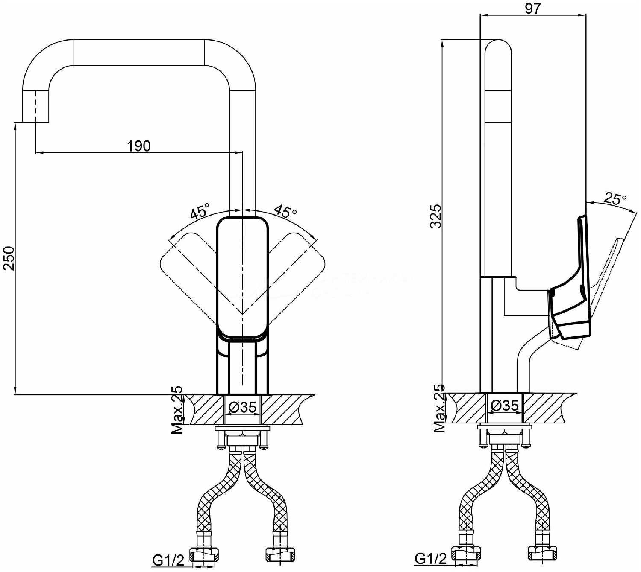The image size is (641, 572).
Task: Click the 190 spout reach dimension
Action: [x=138, y=146]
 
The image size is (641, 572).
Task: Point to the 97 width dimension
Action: [x=533, y=9]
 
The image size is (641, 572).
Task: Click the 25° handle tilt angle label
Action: [x=615, y=199]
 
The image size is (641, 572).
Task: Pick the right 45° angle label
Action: [x=285, y=211]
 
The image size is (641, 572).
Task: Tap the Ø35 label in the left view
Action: [x=242, y=408]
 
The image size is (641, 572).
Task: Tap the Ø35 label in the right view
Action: [x=504, y=405]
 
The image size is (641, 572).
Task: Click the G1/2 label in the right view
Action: [x=431, y=559]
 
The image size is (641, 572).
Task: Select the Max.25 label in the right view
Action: [x=440, y=408]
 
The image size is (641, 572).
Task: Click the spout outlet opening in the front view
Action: [x=35, y=122]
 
